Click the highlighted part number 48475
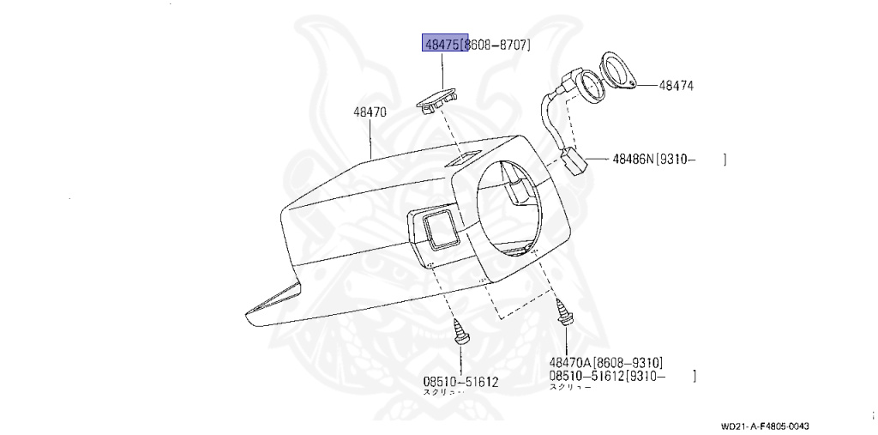441,43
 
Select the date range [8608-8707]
496,43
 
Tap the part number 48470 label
370,112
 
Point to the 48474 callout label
677,86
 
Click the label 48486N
634,159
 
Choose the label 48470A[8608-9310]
605,362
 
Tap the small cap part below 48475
437,101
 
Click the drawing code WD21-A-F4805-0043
765,426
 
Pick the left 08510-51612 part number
460,381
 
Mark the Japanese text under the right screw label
569,388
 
